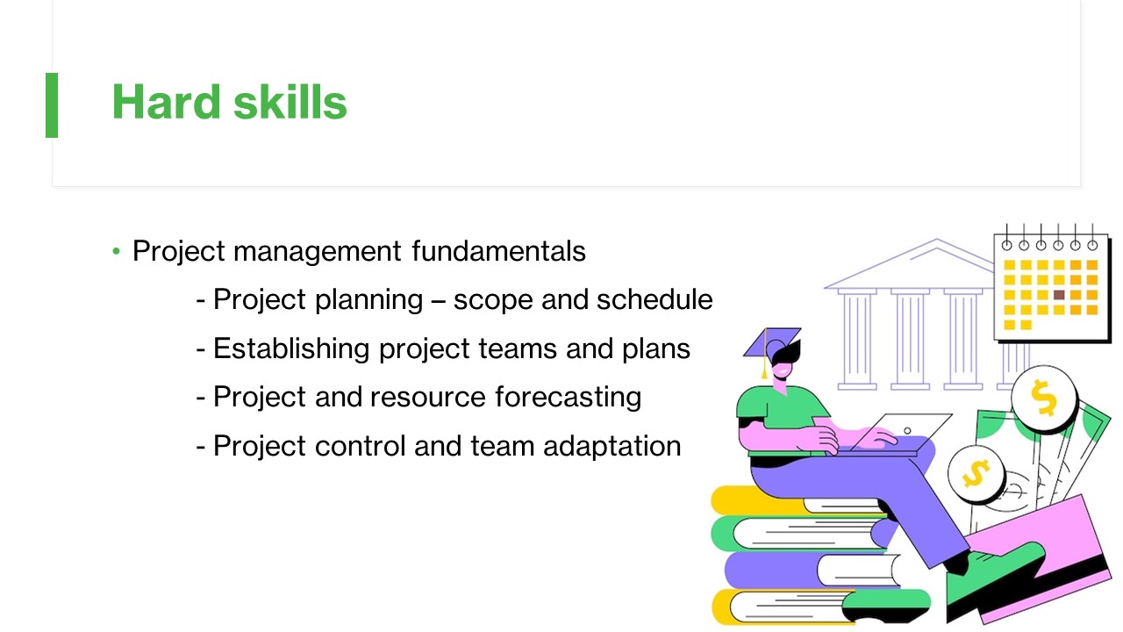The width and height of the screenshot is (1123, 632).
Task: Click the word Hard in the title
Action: pos(167,102)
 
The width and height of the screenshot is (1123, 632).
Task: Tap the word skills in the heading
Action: pos(290,102)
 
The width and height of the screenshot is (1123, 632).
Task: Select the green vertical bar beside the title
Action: pos(52,105)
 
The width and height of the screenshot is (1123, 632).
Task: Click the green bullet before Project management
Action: pos(117,251)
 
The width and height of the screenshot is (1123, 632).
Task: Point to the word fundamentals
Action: pos(499,251)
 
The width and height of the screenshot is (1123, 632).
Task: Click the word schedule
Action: pos(654,299)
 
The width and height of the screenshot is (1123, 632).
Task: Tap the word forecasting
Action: pos(569,398)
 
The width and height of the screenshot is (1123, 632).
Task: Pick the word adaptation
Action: pos(612,446)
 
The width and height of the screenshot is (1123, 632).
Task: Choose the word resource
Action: pos(428,398)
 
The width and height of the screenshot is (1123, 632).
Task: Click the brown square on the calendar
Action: pos(1059,295)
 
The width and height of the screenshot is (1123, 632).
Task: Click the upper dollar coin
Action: pos(1044,399)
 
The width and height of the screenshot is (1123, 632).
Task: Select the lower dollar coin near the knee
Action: pos(976,474)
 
